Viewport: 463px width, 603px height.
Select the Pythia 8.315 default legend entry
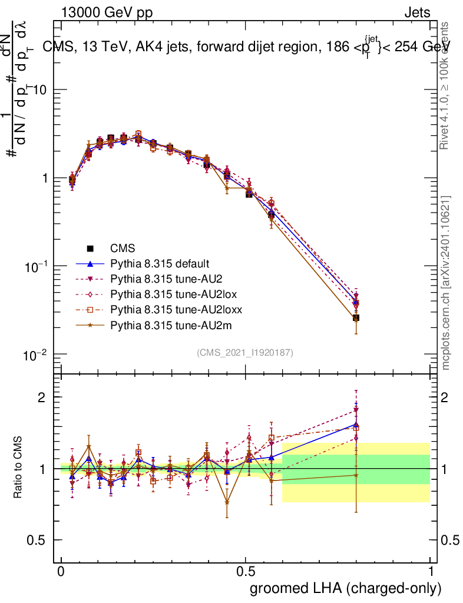tap(159, 264)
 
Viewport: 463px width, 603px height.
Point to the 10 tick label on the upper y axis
tap(39, 90)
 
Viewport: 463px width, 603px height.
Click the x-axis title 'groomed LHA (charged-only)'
tap(346, 588)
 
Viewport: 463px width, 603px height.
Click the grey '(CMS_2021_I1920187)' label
tap(245, 353)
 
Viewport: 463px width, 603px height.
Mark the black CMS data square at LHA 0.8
tap(356, 318)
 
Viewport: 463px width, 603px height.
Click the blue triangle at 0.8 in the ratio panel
tap(356, 424)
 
